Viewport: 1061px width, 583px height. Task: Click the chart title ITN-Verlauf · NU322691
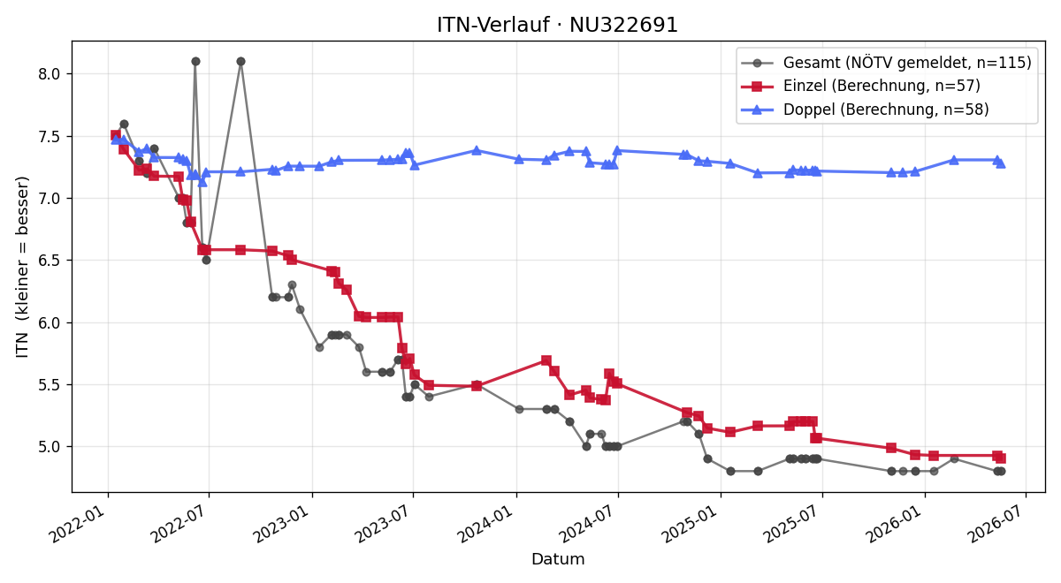tap(558, 25)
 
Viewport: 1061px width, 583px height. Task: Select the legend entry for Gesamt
tap(886, 63)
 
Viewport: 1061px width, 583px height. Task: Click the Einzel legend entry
tap(860, 86)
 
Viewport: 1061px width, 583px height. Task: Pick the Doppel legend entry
tap(865, 110)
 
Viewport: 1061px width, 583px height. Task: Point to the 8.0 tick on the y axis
tap(49, 74)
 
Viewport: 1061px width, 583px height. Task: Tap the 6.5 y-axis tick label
tap(49, 261)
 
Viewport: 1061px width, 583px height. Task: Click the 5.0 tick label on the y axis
tap(49, 447)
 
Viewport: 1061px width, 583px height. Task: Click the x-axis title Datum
tap(558, 559)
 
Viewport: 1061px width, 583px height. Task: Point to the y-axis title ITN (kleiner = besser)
tap(23, 267)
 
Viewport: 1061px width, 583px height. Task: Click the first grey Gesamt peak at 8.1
tap(195, 62)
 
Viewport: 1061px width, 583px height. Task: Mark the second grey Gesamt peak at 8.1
tap(240, 62)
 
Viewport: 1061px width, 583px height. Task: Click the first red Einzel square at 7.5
tap(116, 135)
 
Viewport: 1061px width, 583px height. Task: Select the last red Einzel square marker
tap(1001, 458)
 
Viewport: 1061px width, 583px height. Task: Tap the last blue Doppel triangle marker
tap(1001, 163)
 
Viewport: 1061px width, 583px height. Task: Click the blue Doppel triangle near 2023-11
tap(477, 150)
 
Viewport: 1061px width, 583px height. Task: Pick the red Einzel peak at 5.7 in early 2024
tap(546, 360)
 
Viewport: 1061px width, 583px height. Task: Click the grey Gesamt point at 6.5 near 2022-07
tap(206, 261)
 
